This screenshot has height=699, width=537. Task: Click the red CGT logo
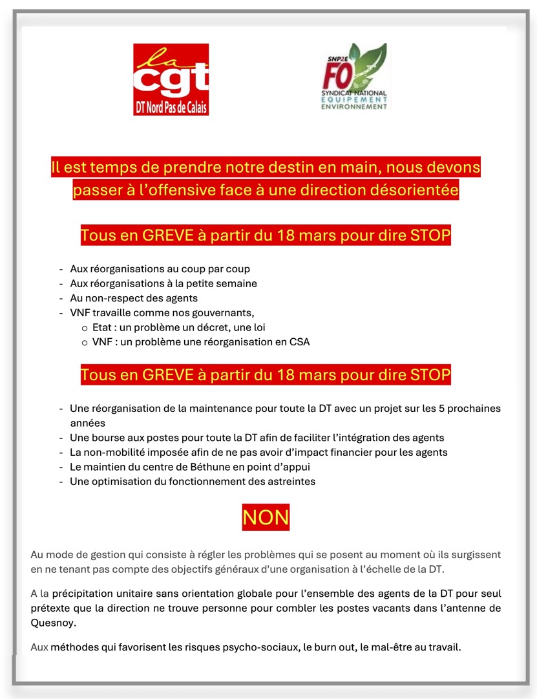tap(171, 79)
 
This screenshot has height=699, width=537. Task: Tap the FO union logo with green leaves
tap(355, 76)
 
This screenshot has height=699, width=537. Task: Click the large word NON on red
tap(266, 517)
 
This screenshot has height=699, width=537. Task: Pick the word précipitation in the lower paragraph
tap(85, 593)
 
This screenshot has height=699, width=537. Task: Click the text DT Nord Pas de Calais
tap(171, 108)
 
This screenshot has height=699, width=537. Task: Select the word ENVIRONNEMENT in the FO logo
tap(354, 106)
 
